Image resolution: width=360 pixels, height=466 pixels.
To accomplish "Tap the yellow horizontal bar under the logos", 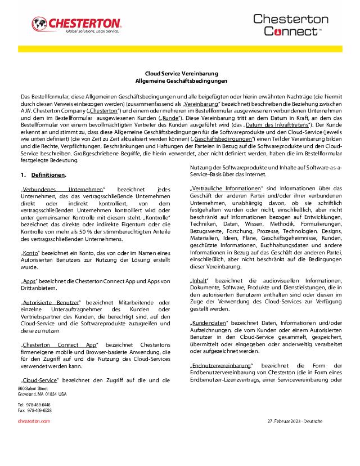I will pyautogui.click(x=180, y=49).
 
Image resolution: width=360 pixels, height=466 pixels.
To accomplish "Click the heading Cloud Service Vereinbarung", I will pyautogui.click(x=180, y=74).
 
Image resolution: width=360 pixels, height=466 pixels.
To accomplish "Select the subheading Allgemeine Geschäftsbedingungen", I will pyautogui.click(x=180, y=82).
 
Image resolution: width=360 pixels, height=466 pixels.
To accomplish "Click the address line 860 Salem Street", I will pyautogui.click(x=33, y=389).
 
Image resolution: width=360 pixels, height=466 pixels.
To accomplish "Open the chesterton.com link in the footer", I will pyautogui.click(x=34, y=420).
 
